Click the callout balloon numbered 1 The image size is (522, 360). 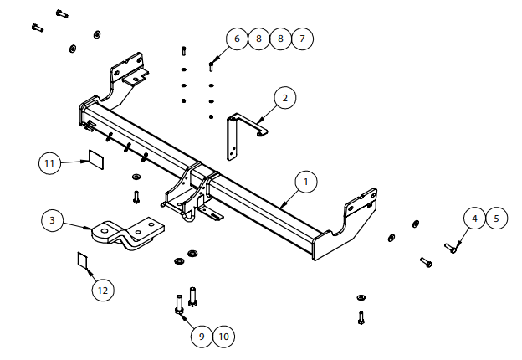click(x=306, y=181)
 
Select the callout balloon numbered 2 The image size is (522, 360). click(x=284, y=98)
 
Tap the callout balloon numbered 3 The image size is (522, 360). click(x=53, y=220)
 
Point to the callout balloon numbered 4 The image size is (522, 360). click(x=475, y=219)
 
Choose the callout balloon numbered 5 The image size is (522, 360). click(x=496, y=219)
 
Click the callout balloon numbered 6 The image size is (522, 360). click(x=237, y=39)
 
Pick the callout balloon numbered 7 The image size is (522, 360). click(x=302, y=39)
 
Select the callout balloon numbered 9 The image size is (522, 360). click(x=202, y=336)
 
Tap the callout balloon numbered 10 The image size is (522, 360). click(x=223, y=336)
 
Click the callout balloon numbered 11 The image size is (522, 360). click(x=49, y=162)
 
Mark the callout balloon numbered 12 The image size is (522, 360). click(x=102, y=291)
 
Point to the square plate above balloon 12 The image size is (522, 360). click(x=83, y=259)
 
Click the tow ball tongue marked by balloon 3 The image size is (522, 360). click(x=130, y=233)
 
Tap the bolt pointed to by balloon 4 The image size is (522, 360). click(x=453, y=248)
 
